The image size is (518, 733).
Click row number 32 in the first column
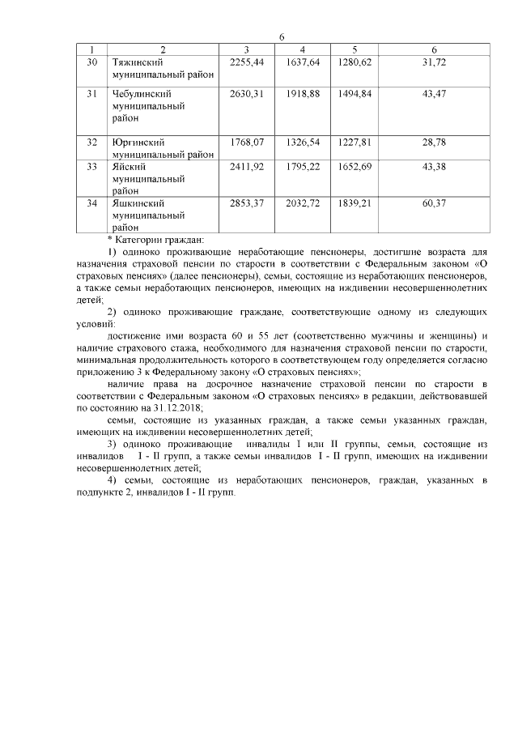pyautogui.click(x=92, y=142)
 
